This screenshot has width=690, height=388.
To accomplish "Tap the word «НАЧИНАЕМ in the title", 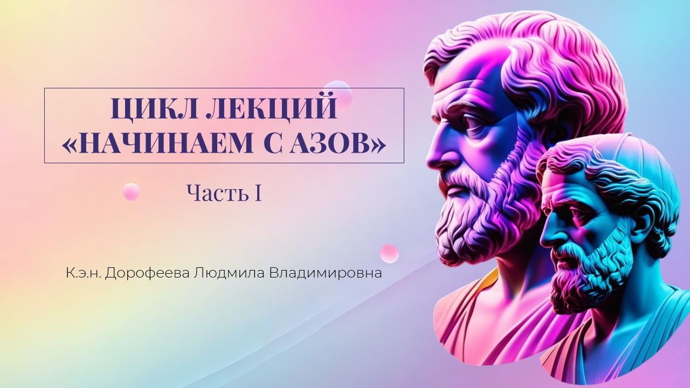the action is (157, 143).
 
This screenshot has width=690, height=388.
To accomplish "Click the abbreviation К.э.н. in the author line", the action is (84, 273).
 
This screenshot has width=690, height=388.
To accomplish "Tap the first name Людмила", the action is (229, 273).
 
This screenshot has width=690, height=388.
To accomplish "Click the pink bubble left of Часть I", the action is (131, 191).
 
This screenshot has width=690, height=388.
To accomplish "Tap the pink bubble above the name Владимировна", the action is (390, 253).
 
